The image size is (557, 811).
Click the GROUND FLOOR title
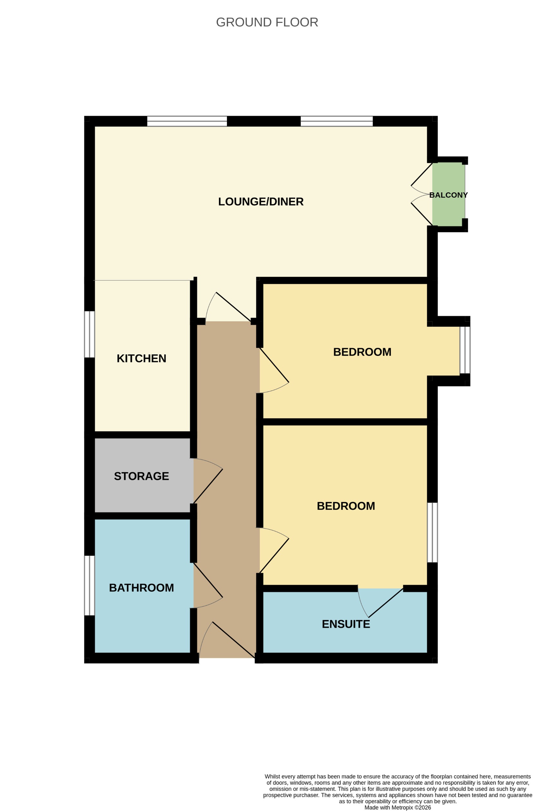(x=267, y=22)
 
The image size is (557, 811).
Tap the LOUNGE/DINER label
(x=260, y=202)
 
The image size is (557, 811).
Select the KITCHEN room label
(x=141, y=359)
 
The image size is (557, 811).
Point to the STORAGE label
(x=141, y=476)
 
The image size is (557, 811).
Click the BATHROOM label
(x=141, y=588)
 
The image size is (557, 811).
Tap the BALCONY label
(x=448, y=195)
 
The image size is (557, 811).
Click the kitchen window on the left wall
(x=90, y=334)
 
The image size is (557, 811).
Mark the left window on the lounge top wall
(x=187, y=121)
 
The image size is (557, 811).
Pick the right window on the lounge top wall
(x=337, y=121)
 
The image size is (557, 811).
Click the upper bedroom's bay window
(x=465, y=350)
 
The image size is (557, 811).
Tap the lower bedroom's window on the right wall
(x=432, y=533)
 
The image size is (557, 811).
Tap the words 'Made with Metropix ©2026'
(x=397, y=807)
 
